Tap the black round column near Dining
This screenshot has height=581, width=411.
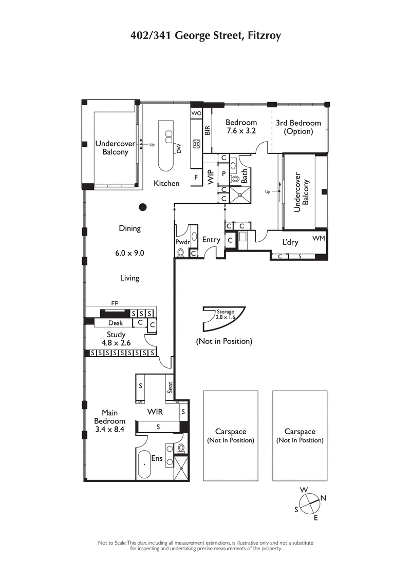pyautogui.click(x=143, y=207)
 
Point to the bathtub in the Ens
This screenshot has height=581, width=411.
pyautogui.click(x=145, y=464)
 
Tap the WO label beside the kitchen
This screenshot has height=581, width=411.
pyautogui.click(x=196, y=113)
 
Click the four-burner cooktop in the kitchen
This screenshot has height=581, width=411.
pyautogui.click(x=196, y=144)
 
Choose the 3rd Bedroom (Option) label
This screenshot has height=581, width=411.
pyautogui.click(x=298, y=127)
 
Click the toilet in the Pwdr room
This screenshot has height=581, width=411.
pyautogui.click(x=181, y=252)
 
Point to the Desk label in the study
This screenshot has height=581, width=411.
pyautogui.click(x=116, y=323)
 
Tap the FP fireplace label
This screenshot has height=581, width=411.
pyautogui.click(x=115, y=303)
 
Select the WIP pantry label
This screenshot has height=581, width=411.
pyautogui.click(x=210, y=177)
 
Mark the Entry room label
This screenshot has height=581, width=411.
pyautogui.click(x=211, y=240)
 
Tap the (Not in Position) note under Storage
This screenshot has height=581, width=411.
pyautogui.click(x=224, y=341)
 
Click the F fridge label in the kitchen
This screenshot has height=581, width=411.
pyautogui.click(x=196, y=177)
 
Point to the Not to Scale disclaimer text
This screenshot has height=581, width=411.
pyautogui.click(x=206, y=545)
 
